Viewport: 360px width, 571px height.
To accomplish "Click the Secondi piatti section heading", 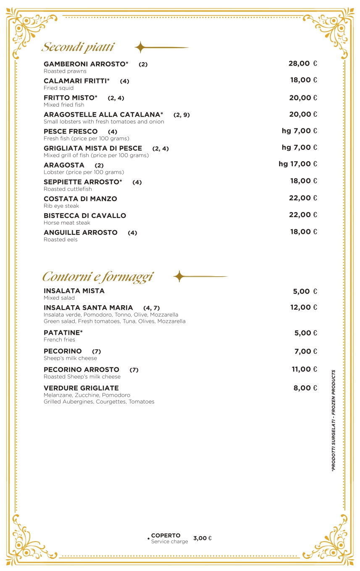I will pos(78,47).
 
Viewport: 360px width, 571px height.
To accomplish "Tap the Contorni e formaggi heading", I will pos(97,277).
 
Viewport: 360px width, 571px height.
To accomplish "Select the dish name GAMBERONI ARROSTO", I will pos(86,64).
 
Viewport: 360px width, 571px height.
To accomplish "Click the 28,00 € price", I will pos(302,63).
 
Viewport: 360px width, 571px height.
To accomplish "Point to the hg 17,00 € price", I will pos(298,164).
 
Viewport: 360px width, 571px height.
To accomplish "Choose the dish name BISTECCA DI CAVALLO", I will pos(85,216).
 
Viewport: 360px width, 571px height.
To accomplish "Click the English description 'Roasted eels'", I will pos(60,240).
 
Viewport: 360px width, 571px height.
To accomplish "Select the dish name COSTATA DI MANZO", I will pos(80,199).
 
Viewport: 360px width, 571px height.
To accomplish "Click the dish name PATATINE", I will pos(63,333).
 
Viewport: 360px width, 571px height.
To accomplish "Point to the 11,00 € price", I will pos(304,369).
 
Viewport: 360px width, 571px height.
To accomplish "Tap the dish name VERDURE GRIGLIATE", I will pos(81,388).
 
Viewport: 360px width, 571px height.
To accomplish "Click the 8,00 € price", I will pos(305,388).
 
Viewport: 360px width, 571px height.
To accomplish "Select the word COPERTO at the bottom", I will pos(166,535).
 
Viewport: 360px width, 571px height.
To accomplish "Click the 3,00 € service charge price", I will pos(202,538).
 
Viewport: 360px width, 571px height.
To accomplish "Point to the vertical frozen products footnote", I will pos(333,420).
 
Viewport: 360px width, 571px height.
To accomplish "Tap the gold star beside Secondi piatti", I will pos(140,47).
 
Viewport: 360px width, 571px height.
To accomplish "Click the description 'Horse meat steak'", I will pos(67,223).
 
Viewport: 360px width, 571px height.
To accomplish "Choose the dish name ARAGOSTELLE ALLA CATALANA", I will pos(103,115).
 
